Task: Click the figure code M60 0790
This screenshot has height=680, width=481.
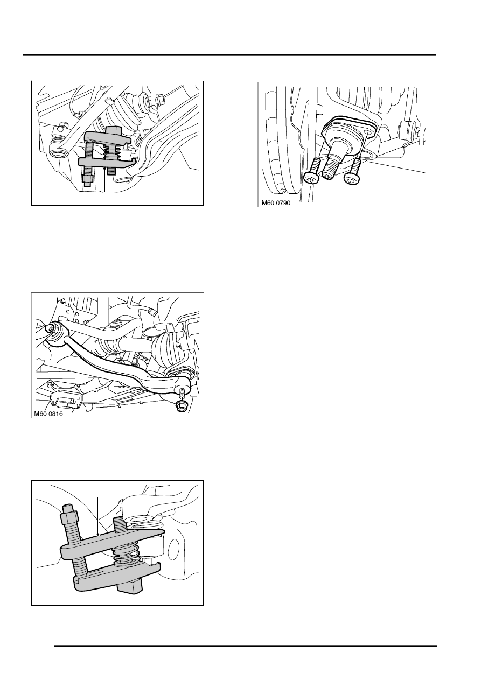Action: click(276, 202)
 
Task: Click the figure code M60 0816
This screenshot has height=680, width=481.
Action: click(48, 413)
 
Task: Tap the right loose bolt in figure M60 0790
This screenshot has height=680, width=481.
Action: click(353, 172)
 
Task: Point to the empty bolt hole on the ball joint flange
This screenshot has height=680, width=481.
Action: click(368, 132)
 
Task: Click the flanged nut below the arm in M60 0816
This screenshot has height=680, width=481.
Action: click(182, 406)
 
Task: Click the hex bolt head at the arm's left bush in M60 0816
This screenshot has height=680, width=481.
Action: click(49, 328)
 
